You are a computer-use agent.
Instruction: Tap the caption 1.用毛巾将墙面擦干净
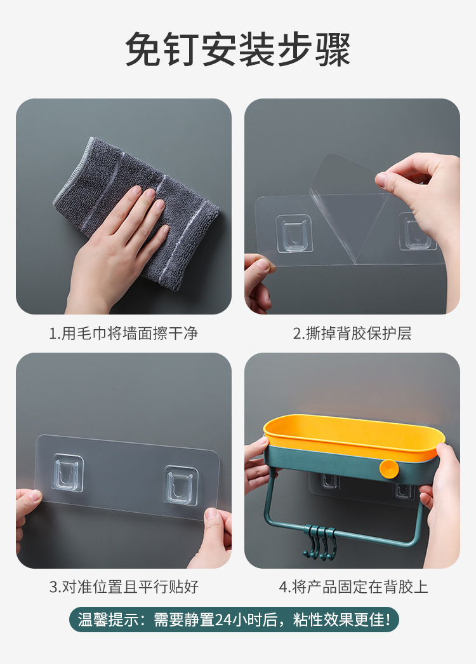(x=123, y=333)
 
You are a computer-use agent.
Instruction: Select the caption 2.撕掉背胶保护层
(x=352, y=333)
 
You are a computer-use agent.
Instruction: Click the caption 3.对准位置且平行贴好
(x=123, y=586)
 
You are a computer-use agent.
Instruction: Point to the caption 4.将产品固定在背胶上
(x=353, y=586)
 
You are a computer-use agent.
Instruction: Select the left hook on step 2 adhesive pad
(x=293, y=233)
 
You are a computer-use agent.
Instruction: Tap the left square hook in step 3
(x=69, y=473)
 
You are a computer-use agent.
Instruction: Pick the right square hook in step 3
(x=180, y=484)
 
